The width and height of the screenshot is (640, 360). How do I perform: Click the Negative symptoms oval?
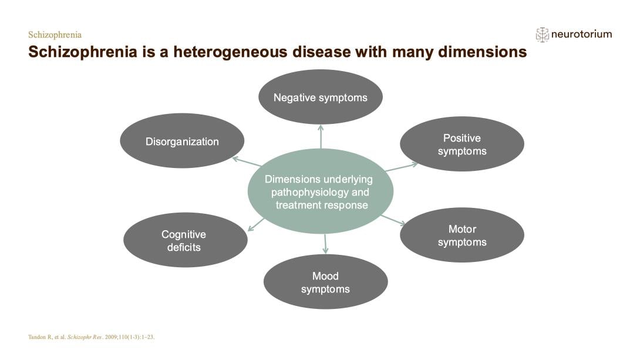[320, 97]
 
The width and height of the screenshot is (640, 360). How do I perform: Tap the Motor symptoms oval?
[462, 235]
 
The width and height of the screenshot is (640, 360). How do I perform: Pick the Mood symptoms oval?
[325, 282]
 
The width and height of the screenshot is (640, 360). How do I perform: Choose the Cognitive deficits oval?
[185, 240]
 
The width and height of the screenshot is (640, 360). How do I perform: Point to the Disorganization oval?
[182, 141]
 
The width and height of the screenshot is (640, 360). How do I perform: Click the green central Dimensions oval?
[320, 191]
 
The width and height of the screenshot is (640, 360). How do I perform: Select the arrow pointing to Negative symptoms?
[321, 136]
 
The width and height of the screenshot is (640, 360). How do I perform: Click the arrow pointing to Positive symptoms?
[402, 167]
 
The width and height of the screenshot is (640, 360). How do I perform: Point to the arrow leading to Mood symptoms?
[325, 243]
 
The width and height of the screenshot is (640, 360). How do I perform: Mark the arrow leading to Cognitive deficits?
[255, 224]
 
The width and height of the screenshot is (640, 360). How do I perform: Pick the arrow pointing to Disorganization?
[247, 162]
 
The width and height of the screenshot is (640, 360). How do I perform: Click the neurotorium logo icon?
[542, 34]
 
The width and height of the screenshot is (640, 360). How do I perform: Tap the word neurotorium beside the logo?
[581, 34]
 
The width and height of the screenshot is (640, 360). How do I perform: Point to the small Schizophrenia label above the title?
[55, 35]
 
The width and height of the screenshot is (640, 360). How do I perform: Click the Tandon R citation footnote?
[91, 337]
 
